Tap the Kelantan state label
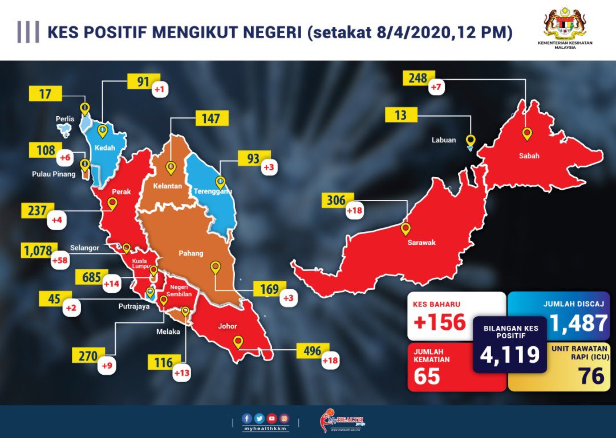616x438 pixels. click(x=167, y=186)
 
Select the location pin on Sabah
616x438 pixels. click(x=527, y=134)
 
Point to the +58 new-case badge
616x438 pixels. click(x=60, y=261)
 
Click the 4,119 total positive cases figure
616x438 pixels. click(x=509, y=354)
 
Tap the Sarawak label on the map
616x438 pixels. click(x=422, y=243)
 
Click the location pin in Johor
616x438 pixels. click(x=238, y=342)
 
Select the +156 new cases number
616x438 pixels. click(x=440, y=322)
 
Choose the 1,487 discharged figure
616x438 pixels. click(x=578, y=323)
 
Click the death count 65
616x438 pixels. click(x=427, y=376)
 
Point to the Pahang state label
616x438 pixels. click(x=190, y=253)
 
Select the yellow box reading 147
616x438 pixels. click(x=211, y=118)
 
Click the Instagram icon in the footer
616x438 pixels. click(x=284, y=419)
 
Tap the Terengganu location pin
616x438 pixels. click(x=220, y=182)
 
